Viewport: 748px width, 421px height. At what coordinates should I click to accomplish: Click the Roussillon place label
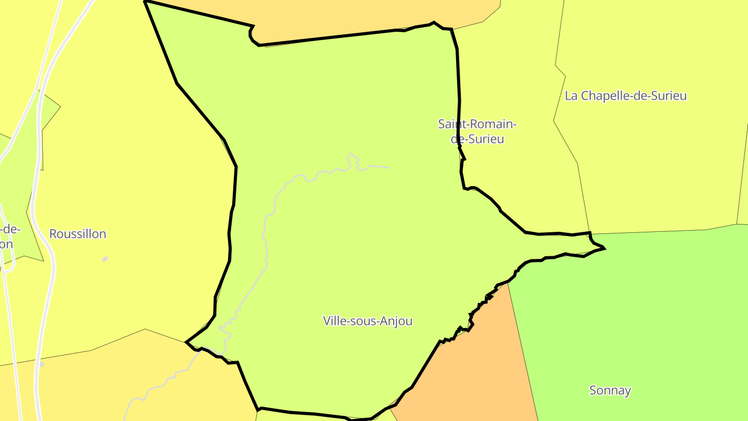77,234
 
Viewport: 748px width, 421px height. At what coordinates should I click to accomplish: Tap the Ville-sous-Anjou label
368,321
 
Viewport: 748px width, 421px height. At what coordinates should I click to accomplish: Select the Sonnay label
610,390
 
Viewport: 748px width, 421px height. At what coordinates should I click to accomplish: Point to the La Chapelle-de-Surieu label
625,96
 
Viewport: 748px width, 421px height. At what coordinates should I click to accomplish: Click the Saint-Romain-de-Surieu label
477,131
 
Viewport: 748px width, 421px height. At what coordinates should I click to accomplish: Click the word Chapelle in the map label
603,96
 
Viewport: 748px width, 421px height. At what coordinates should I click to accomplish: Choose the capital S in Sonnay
593,390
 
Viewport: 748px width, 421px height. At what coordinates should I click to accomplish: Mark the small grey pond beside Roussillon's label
105,259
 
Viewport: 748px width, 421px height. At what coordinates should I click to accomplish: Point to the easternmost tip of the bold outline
605,248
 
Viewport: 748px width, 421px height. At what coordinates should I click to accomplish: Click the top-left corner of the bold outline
145,2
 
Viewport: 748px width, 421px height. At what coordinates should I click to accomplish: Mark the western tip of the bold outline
186,342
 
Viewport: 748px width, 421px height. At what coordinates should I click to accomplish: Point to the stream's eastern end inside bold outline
389,167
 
